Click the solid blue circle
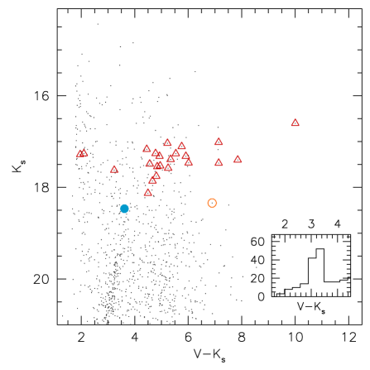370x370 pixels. (124, 209)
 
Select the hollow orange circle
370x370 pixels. (212, 203)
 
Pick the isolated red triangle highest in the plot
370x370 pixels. (295, 123)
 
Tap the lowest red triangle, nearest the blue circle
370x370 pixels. (148, 192)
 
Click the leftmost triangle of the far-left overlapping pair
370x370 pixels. (79, 153)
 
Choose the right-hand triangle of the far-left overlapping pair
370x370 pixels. (84, 152)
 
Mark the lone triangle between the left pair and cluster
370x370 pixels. (114, 169)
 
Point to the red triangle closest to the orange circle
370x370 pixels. (219, 162)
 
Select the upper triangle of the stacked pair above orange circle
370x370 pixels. (219, 142)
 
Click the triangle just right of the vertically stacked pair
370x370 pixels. (238, 159)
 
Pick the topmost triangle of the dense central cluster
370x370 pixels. (167, 142)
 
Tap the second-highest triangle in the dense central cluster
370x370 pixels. (181, 146)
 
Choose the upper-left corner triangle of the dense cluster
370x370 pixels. (147, 148)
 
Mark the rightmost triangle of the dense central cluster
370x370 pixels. (189, 162)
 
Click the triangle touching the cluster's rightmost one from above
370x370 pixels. (185, 155)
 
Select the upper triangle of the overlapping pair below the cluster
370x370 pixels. (156, 175)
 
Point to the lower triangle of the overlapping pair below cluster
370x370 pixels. (153, 180)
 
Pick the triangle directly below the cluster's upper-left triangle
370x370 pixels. (150, 163)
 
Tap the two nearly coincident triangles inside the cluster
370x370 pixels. (158, 165)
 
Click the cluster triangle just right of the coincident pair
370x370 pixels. (168, 167)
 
